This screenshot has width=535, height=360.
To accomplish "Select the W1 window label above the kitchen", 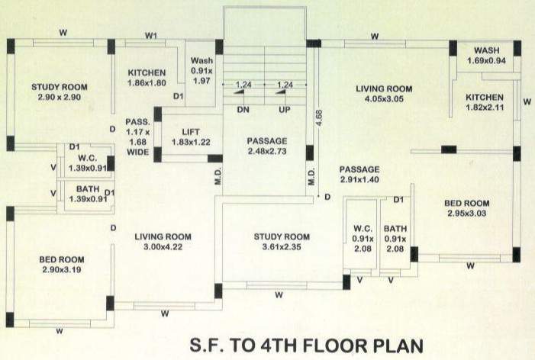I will tap(151, 35).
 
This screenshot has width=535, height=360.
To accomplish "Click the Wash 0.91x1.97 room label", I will tap(201, 71).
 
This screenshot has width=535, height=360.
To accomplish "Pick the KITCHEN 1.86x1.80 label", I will tap(147, 77).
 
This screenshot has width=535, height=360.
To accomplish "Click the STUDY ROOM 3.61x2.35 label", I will tap(282, 241).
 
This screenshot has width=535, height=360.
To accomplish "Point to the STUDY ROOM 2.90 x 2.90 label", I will tap(56, 92).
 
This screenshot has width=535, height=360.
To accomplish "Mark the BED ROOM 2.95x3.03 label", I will tap(467, 208).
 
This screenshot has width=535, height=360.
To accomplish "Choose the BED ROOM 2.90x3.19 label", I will tap(61, 265).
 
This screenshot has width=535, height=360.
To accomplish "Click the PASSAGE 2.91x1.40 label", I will tap(359, 175).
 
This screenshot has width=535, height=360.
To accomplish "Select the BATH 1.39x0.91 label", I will tap(85, 194).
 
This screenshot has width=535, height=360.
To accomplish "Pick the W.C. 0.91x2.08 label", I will tap(362, 239).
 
